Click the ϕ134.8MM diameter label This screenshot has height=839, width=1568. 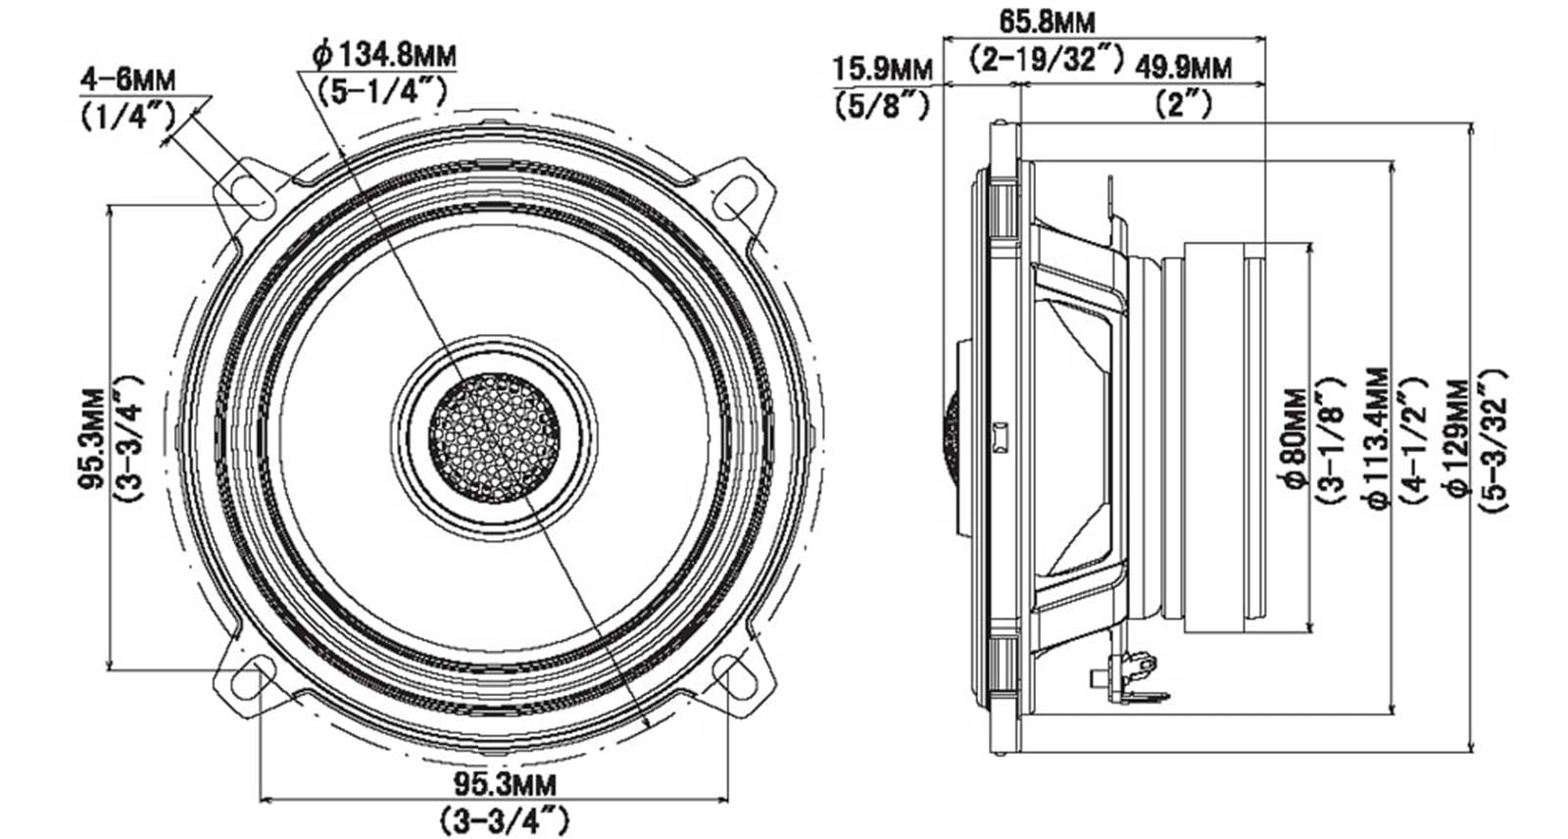(384, 55)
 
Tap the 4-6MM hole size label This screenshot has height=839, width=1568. (128, 79)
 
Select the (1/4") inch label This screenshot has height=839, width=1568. (128, 117)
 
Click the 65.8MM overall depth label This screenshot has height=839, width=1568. (1047, 22)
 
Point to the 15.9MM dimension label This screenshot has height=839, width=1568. (883, 70)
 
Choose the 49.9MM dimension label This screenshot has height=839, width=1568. (1182, 68)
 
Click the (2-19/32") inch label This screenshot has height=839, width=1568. (1047, 60)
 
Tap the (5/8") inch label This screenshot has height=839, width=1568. (882, 106)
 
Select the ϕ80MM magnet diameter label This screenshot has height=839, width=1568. (1296, 439)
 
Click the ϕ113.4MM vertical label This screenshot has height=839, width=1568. (1378, 439)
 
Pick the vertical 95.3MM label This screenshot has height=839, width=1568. (93, 439)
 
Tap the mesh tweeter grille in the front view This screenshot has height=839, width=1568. (494, 438)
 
